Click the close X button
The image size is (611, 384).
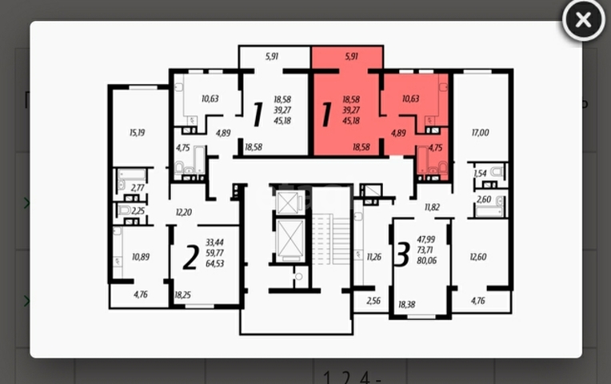(583, 21)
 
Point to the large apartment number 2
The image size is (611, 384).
(190, 258)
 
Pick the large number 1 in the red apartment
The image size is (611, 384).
(326, 114)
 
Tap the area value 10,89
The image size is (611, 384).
(141, 257)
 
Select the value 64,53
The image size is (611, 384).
(214, 263)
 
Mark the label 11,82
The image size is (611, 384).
(433, 207)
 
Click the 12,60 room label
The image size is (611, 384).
(478, 257)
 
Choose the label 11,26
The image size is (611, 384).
(374, 257)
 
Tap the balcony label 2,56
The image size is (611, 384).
(373, 302)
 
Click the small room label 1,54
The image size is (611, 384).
(479, 173)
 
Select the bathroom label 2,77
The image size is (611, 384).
(138, 186)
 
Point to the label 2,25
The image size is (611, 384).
(138, 211)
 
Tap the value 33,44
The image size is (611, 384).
(214, 241)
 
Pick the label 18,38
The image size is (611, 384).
(406, 305)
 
